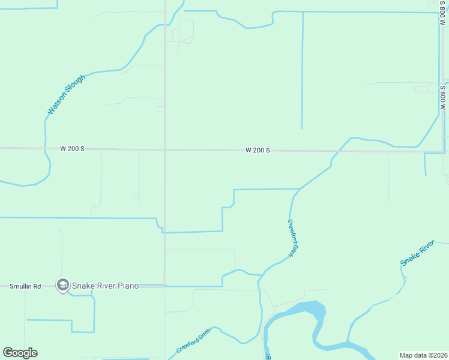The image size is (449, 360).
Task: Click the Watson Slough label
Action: pyautogui.click(x=66, y=95)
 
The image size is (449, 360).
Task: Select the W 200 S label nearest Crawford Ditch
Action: pyautogui.click(x=257, y=150)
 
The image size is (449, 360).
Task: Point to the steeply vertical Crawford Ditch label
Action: pyautogui.click(x=292, y=238)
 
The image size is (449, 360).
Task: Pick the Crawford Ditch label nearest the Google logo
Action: pyautogui.click(x=193, y=340)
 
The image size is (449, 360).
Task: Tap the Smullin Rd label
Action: pyautogui.click(x=25, y=286)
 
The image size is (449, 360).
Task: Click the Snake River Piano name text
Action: pyautogui.click(x=106, y=286)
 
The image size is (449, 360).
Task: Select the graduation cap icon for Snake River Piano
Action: pyautogui.click(x=62, y=285)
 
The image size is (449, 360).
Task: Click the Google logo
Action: pyautogui.click(x=20, y=353)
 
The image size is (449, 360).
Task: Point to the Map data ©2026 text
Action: pyautogui.click(x=423, y=355)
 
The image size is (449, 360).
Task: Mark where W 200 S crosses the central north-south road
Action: pyautogui.click(x=165, y=149)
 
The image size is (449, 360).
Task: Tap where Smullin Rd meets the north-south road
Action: pyautogui.click(x=165, y=286)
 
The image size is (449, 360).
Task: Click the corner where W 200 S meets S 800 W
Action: pyautogui.click(x=445, y=151)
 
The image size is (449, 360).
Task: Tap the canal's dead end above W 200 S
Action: pyautogui.click(x=302, y=128)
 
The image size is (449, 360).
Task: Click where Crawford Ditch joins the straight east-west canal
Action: pyautogui.click(x=299, y=189)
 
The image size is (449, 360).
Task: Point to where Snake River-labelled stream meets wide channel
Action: pyautogui.click(x=349, y=343)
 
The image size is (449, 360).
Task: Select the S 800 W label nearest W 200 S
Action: pyautogui.click(x=442, y=97)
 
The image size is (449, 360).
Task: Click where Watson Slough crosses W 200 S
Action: pyautogui.click(x=45, y=148)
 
